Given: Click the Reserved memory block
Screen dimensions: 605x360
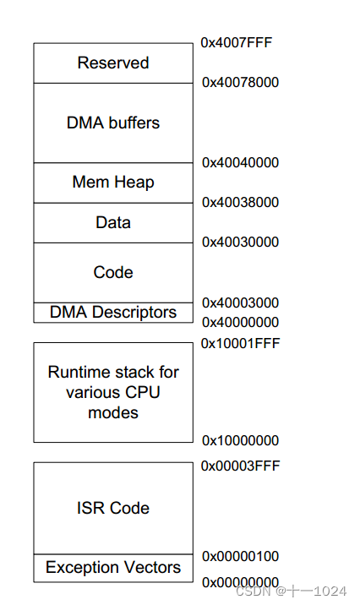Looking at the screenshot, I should pos(113,63).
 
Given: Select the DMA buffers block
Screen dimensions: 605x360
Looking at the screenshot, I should pos(113,123).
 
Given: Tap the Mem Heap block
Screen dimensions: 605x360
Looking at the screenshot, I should pos(113,183).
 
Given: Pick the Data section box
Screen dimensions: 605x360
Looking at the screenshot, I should pos(113,222).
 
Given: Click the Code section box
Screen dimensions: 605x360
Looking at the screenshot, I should pos(113,272).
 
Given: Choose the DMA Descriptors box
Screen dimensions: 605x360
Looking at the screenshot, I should pos(113,313).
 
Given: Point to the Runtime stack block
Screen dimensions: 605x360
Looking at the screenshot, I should pos(113,392).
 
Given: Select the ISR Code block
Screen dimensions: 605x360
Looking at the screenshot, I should pos(113,508).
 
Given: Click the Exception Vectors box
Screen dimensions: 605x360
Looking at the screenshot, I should pos(113,567).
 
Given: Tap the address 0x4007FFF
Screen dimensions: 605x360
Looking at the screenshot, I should pos(237,42).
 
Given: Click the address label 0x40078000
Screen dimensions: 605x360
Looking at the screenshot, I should pos(240,82).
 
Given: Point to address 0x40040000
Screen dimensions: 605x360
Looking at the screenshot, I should pos(240,162).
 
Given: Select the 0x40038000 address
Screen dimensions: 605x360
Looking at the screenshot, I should pos(240,202).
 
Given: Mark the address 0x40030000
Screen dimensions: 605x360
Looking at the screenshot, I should pos(240,242).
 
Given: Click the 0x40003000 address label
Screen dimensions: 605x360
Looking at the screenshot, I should pos(240,302).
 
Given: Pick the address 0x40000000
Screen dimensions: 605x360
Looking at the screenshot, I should pos(240,322).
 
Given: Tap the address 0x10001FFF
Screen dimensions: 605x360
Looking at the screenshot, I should pos(240,343).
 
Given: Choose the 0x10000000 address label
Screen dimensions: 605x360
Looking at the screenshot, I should pos(240,440).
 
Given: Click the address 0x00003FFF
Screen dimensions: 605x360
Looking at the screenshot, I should pos(240,466).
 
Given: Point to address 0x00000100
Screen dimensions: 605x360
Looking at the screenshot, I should pos(240,556).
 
